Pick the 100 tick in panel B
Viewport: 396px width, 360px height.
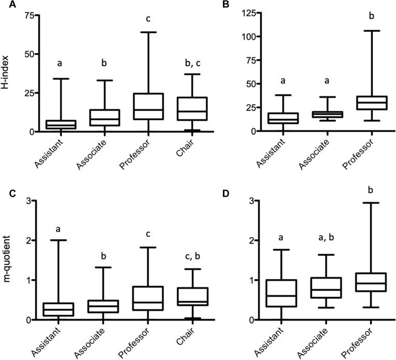[x=228, y=37]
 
